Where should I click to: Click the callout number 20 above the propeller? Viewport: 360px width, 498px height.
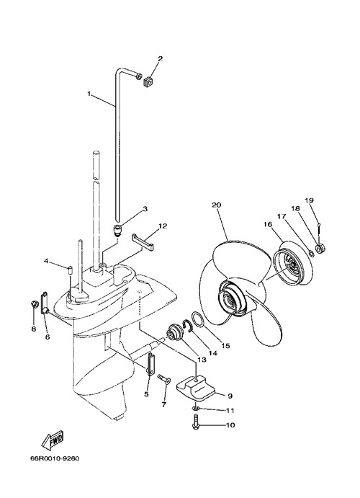[x=216, y=205]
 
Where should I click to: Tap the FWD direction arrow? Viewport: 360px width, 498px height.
[x=53, y=440]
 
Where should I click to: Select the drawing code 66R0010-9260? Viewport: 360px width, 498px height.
[x=55, y=458]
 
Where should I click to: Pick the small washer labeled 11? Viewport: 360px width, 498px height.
[x=196, y=407]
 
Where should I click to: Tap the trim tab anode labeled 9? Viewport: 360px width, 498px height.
[x=196, y=386]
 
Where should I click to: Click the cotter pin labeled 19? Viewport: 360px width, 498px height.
[x=318, y=230]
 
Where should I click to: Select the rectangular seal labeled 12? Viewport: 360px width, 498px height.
[x=143, y=241]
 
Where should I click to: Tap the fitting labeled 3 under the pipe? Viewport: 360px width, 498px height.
[x=117, y=230]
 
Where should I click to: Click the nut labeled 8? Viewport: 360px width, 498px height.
[x=35, y=304]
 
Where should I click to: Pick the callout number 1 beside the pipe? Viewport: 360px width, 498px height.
[x=89, y=94]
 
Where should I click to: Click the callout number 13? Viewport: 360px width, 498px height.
[x=202, y=360]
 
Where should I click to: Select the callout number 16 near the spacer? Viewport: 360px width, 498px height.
[x=268, y=224]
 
